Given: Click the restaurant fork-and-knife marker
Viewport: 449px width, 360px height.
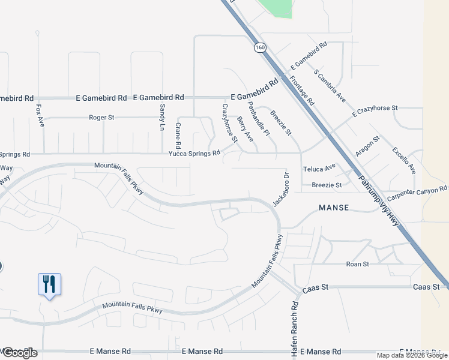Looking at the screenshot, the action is tap(50, 284).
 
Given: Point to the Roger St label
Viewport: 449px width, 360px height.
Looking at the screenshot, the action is tap(101, 118).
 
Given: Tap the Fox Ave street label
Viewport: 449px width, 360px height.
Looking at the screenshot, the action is tap(40, 113).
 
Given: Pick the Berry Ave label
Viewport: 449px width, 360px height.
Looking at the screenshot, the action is tap(245, 129).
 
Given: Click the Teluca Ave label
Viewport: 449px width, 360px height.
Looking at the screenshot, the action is tap(319, 169).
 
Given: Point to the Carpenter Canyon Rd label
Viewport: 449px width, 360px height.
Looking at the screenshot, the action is tap(417, 193).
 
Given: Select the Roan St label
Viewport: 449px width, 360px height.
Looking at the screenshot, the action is tap(357, 264).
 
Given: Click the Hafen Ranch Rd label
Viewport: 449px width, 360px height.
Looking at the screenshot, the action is tap(295, 329).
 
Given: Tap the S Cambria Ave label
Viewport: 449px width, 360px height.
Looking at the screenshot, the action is tap(330, 85).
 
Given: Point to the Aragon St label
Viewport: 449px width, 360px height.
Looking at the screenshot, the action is tap(367, 146).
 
